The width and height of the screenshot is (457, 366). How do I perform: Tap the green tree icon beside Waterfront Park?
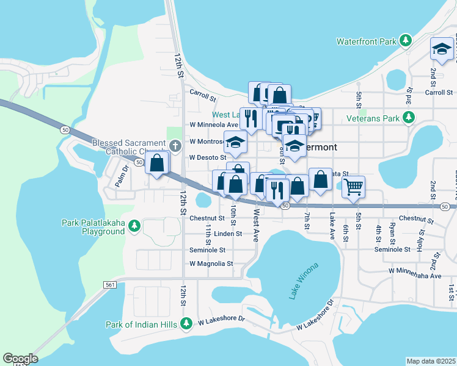[404, 41]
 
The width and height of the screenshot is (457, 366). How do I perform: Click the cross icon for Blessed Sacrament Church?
[175, 146]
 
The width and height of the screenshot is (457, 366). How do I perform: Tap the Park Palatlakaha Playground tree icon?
[133, 227]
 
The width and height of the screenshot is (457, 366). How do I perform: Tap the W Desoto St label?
[208, 157]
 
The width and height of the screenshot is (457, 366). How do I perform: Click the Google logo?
[20, 359]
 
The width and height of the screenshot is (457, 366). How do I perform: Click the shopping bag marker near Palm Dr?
[157, 162]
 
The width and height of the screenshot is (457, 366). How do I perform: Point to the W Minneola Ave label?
[213, 125]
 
